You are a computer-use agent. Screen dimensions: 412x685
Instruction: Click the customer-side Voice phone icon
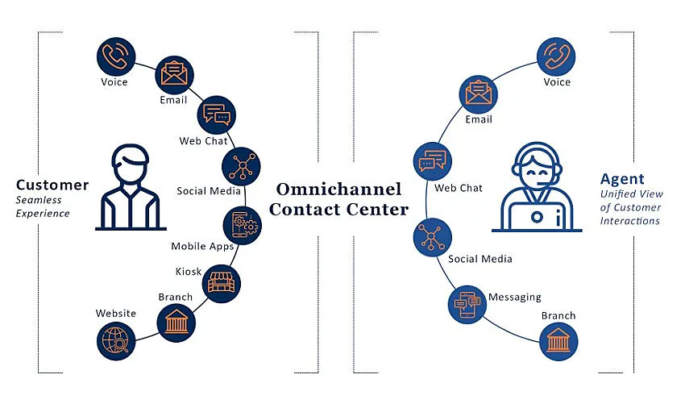click(x=114, y=56)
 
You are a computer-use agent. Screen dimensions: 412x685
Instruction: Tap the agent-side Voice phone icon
click(x=556, y=56)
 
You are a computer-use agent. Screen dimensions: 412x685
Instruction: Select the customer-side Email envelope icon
click(x=174, y=75)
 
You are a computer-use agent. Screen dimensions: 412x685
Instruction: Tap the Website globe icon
click(x=114, y=339)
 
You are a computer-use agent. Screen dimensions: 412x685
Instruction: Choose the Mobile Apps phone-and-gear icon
click(x=242, y=224)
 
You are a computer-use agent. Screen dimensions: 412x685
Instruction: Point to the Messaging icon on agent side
click(x=467, y=305)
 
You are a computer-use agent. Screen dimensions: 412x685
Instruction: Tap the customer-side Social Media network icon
click(x=241, y=166)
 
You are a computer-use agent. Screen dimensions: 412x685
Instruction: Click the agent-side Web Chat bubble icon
click(x=431, y=161)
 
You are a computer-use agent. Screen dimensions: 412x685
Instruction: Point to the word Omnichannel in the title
click(x=338, y=189)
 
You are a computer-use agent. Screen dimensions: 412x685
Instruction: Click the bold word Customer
click(x=52, y=185)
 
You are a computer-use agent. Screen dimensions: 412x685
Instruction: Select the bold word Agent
click(x=622, y=179)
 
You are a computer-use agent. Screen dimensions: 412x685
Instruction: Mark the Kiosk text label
click(x=189, y=272)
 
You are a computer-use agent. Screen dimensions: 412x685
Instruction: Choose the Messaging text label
click(x=515, y=297)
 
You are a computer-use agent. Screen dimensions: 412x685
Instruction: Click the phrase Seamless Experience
click(x=43, y=206)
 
